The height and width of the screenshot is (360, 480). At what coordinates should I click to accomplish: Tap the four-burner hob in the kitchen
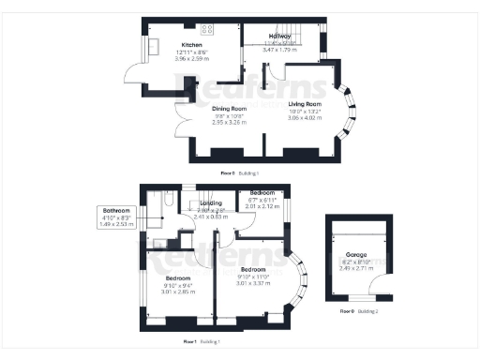[x=205, y=29]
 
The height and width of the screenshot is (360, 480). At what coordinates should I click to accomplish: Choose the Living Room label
[x=305, y=104]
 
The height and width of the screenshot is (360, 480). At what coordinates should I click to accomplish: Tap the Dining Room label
[x=229, y=109]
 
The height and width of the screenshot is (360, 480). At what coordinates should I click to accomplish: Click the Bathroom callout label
[x=118, y=210]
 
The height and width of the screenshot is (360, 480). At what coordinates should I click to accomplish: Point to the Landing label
[x=211, y=202]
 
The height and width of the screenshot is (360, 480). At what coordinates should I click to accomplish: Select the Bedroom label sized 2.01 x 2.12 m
[x=262, y=191]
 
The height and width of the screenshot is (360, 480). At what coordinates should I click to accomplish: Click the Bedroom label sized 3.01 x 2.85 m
[x=178, y=278]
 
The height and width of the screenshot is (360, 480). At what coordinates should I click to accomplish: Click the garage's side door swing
[x=379, y=288]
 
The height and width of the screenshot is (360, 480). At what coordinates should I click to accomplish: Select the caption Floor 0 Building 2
[x=356, y=310]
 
